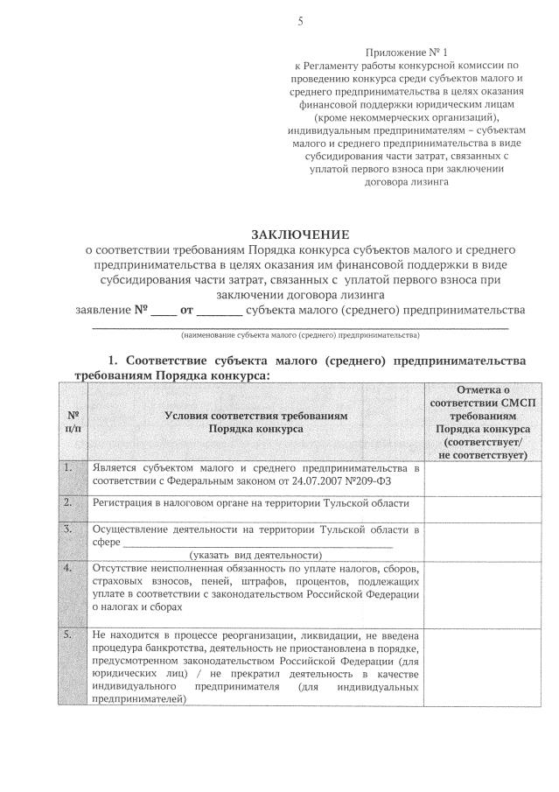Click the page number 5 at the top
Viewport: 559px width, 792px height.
pyautogui.click(x=300, y=22)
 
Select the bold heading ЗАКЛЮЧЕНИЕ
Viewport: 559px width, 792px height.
pyautogui.click(x=300, y=235)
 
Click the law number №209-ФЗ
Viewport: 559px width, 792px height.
pyautogui.click(x=358, y=480)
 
